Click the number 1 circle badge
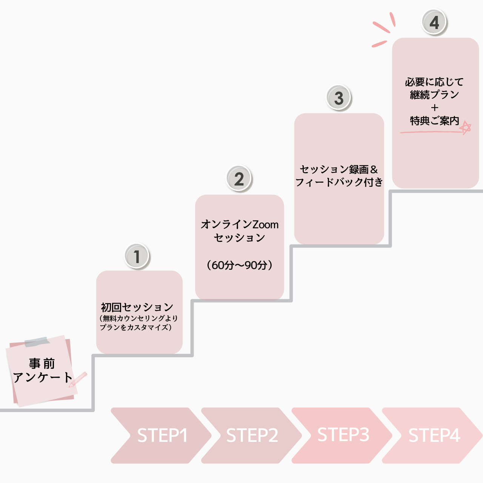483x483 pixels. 137,256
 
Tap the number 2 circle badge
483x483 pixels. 239,178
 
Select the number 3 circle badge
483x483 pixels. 339,98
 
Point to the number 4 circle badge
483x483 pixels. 434,22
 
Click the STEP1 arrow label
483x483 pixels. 162,435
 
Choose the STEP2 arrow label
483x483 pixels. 252,435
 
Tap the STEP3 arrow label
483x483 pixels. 343,435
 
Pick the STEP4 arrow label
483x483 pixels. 434,435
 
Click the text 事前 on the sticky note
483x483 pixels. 42,363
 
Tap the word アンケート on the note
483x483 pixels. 42,377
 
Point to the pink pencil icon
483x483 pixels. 78,379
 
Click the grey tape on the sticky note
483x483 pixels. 37,341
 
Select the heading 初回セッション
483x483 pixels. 137,307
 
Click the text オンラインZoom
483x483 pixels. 240,225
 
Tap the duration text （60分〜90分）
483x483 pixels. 240,265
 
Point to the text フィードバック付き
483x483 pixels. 339,182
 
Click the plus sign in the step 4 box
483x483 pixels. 435,108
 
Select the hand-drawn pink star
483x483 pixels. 466,128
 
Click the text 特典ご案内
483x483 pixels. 434,121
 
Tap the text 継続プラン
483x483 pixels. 434,94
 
